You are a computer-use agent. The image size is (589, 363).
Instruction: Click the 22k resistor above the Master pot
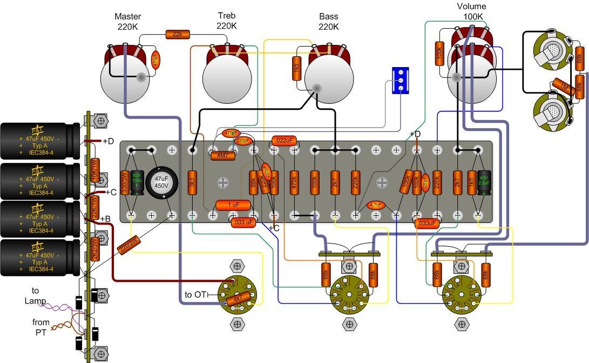click(177, 35)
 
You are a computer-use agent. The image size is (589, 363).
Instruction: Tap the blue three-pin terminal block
click(400, 81)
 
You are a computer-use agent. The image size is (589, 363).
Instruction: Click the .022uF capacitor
click(283, 141)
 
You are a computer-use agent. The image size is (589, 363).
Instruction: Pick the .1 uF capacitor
click(233, 205)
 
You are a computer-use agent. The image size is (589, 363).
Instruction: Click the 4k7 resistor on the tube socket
click(237, 298)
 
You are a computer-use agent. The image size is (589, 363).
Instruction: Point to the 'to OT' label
click(195, 295)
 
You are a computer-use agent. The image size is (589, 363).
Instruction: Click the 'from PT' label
click(41, 326)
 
